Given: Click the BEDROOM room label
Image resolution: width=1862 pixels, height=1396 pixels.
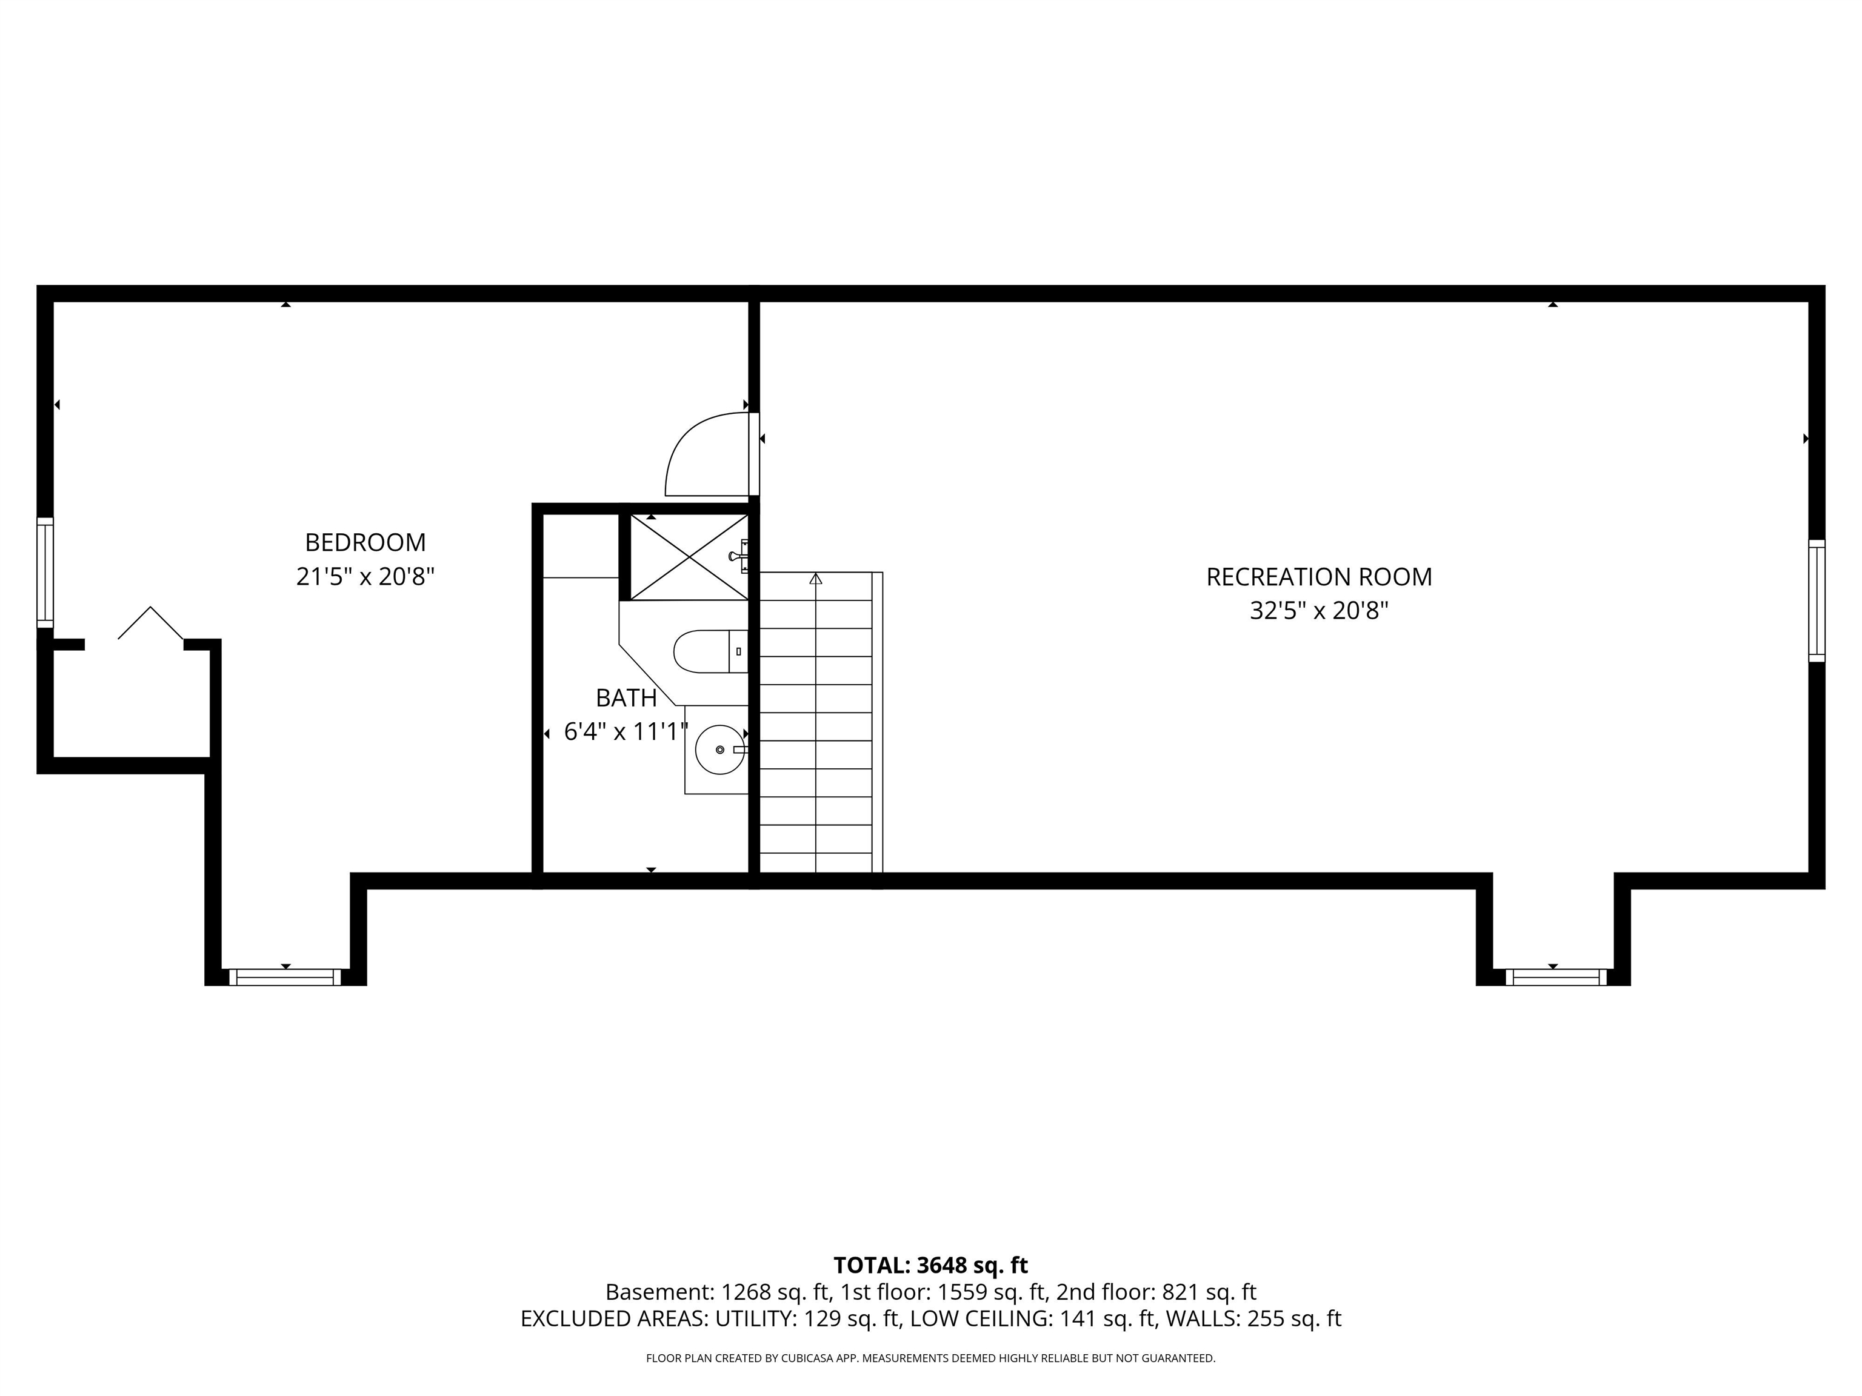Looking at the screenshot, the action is tap(365, 542).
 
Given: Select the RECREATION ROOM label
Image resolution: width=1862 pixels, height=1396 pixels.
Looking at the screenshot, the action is tap(1319, 577).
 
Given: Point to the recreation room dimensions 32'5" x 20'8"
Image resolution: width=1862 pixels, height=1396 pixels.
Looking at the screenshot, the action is tap(1319, 611).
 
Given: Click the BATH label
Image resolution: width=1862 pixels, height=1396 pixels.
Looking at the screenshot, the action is tap(626, 699).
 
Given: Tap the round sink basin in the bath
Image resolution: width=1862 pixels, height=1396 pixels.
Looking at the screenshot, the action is tap(719, 749).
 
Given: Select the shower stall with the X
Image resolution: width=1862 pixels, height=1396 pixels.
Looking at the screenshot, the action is tap(689, 557).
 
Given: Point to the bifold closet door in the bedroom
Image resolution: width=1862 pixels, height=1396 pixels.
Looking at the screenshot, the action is tap(151, 623).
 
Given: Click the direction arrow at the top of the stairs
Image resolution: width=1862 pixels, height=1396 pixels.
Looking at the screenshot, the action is tap(816, 579).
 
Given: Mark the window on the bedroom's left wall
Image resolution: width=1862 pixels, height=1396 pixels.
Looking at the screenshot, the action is tap(45, 572).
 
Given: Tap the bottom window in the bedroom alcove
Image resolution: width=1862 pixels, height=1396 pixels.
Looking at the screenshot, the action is tap(285, 977).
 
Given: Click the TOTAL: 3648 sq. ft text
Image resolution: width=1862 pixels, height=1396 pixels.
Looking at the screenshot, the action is tap(931, 1266).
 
